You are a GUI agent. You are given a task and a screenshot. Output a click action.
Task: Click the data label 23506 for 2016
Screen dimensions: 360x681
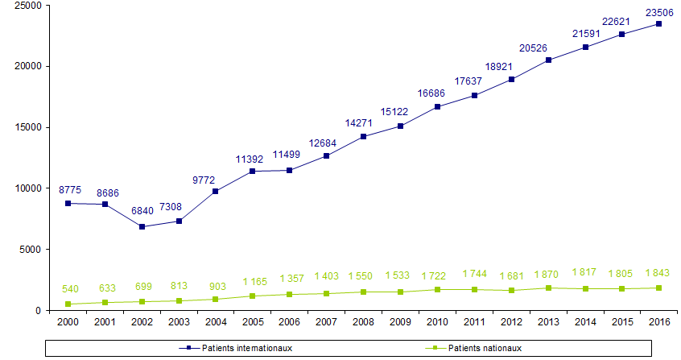pos(658,10)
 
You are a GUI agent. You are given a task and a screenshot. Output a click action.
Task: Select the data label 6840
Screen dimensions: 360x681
pos(143,211)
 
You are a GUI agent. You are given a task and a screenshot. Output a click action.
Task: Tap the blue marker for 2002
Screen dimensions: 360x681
pos(143,227)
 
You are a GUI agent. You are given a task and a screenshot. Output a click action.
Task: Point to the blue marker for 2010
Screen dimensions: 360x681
pos(437,107)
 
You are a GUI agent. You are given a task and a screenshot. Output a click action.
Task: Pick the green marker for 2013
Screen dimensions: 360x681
pos(548,288)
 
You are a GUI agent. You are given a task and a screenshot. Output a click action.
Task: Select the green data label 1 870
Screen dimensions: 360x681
pos(548,275)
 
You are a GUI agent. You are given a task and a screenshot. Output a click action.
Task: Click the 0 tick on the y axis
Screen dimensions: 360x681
pos(39,311)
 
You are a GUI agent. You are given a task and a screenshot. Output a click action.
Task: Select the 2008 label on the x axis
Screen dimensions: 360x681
pos(364,324)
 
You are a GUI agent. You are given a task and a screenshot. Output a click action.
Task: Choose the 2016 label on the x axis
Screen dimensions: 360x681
pos(658,324)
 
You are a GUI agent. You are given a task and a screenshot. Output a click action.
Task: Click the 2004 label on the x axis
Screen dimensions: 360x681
pos(217,324)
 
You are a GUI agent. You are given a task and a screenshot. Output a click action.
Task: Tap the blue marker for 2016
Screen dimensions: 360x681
pos(658,24)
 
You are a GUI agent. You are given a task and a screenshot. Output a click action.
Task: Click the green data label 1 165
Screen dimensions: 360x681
pos(254,282)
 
